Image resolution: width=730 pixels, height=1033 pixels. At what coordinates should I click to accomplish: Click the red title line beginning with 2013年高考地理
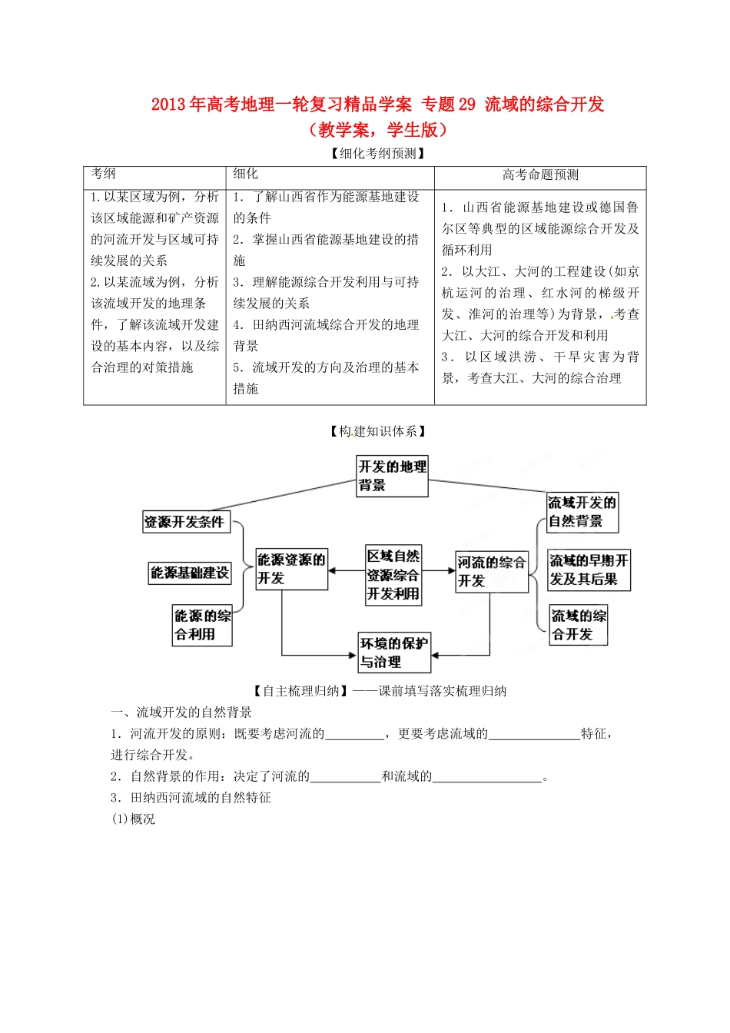[x=377, y=104]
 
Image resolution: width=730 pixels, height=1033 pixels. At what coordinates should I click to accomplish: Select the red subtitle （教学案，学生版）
[x=377, y=129]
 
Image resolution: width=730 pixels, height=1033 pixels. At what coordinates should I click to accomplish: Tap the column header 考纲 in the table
[x=104, y=174]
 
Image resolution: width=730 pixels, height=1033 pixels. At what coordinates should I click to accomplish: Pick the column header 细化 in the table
[x=246, y=174]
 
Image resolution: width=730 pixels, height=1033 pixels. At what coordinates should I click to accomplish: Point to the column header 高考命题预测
[x=540, y=175]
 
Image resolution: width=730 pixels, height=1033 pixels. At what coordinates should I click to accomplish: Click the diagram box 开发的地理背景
[x=392, y=476]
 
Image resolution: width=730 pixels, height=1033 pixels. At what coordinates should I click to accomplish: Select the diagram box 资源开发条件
[x=185, y=522]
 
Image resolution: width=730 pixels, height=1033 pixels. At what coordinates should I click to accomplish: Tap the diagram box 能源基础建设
[x=190, y=573]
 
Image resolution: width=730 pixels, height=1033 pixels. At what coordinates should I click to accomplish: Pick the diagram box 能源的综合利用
[x=202, y=625]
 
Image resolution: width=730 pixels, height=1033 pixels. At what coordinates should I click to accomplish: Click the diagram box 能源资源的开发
[x=291, y=569]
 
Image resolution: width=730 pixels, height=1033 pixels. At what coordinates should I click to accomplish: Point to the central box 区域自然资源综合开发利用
[x=393, y=575]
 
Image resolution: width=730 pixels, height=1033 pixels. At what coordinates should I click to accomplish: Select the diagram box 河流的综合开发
[x=491, y=571]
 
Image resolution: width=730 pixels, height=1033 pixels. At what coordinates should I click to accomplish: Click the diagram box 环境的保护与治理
[x=393, y=652]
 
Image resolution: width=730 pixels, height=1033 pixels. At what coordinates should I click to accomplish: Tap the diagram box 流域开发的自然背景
[x=582, y=512]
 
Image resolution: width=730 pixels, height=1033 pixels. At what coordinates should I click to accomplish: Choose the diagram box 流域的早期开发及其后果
[x=589, y=570]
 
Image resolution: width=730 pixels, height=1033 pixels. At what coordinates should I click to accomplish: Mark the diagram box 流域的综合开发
[x=578, y=625]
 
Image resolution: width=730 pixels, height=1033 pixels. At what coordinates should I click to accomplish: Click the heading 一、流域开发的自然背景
[x=181, y=712]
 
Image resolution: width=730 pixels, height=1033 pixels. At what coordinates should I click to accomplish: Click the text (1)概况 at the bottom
[x=134, y=819]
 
